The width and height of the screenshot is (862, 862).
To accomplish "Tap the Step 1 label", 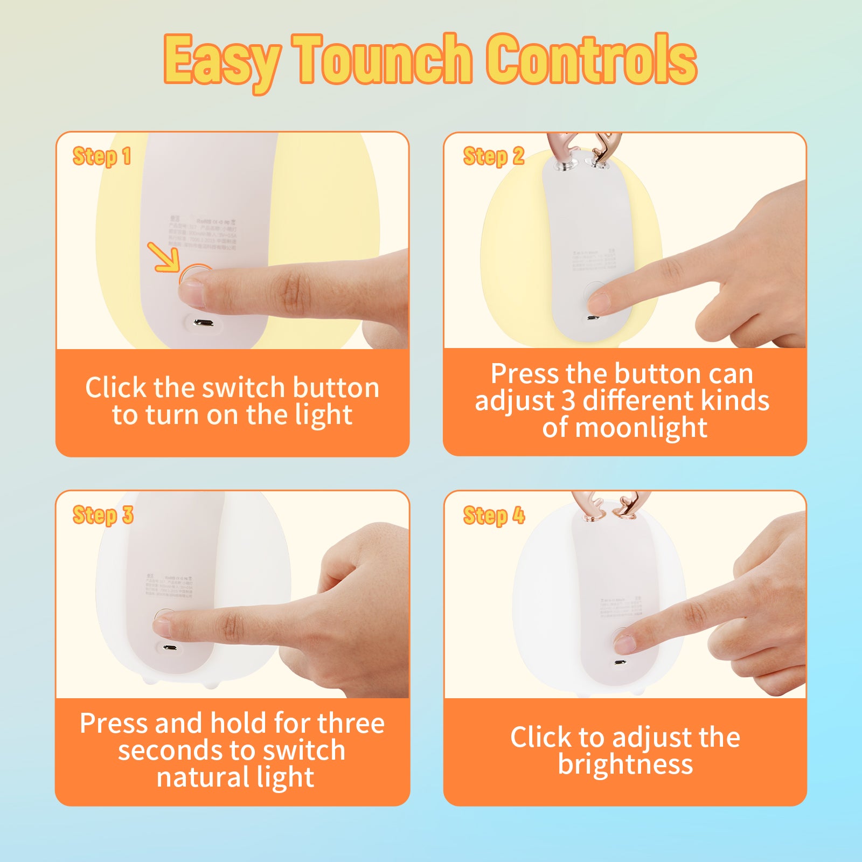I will point(102,156).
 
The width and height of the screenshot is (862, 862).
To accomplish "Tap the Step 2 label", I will point(493,156).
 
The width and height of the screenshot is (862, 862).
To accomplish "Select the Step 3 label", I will point(103,515).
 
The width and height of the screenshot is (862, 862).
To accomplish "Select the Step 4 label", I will point(493,515).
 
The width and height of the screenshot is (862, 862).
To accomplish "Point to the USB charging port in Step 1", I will point(204,323).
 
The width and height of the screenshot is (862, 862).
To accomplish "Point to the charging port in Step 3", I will point(170,648).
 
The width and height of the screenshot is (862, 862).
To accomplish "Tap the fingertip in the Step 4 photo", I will point(625,643).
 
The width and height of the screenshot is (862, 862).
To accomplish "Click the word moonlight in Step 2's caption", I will point(641,428).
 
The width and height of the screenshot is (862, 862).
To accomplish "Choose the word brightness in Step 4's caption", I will point(625,764).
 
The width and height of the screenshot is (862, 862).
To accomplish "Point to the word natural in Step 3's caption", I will point(203,777).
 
